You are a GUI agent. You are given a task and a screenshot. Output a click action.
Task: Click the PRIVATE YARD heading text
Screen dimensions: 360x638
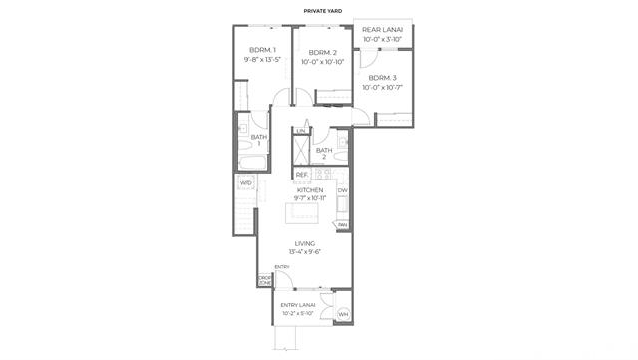click(x=319, y=12)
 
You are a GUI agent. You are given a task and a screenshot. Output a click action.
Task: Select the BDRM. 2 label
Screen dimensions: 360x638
click(x=321, y=52)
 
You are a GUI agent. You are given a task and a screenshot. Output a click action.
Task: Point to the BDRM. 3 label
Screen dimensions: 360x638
click(x=382, y=78)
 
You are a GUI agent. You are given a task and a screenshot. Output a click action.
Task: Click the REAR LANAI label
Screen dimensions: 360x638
click(x=383, y=31)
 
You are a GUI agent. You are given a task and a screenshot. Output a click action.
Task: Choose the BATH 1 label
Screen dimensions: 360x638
click(x=259, y=137)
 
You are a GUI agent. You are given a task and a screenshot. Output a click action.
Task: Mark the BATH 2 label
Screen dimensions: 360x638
click(x=324, y=151)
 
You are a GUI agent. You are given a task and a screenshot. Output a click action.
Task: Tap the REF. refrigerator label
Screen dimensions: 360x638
click(x=301, y=175)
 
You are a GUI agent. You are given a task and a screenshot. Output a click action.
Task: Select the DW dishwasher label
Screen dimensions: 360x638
click(x=342, y=190)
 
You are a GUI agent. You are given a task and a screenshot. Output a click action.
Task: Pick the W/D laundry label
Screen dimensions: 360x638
click(x=245, y=183)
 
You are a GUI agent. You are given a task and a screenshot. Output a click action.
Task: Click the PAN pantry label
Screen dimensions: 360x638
click(x=342, y=225)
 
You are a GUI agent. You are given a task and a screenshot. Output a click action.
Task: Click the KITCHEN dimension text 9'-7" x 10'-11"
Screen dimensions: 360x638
click(x=311, y=198)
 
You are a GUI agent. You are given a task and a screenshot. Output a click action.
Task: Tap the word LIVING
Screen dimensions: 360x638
click(x=305, y=243)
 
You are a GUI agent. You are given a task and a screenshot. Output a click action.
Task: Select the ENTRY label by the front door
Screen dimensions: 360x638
click(x=282, y=266)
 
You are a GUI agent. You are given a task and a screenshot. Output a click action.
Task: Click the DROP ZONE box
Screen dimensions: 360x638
click(x=265, y=280)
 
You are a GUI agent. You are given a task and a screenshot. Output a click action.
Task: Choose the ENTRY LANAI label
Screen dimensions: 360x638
click(x=298, y=304)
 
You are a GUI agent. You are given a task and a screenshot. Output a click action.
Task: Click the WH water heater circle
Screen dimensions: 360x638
click(x=344, y=315)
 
